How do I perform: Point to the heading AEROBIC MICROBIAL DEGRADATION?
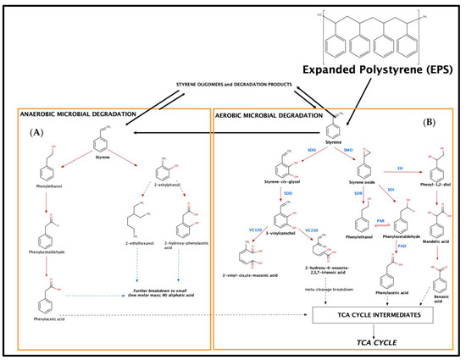click(x=265, y=116)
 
